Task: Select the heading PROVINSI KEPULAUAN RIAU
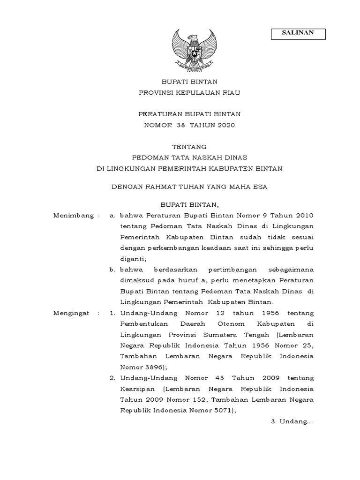click(x=189, y=93)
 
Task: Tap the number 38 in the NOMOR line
click(x=180, y=125)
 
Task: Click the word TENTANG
click(x=189, y=147)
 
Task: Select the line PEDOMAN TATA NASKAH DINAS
click(x=189, y=157)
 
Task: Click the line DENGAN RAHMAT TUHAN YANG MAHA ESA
click(x=189, y=187)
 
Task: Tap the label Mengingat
click(x=74, y=313)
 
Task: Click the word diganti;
click(x=134, y=258)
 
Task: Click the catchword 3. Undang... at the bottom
click(x=292, y=421)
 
